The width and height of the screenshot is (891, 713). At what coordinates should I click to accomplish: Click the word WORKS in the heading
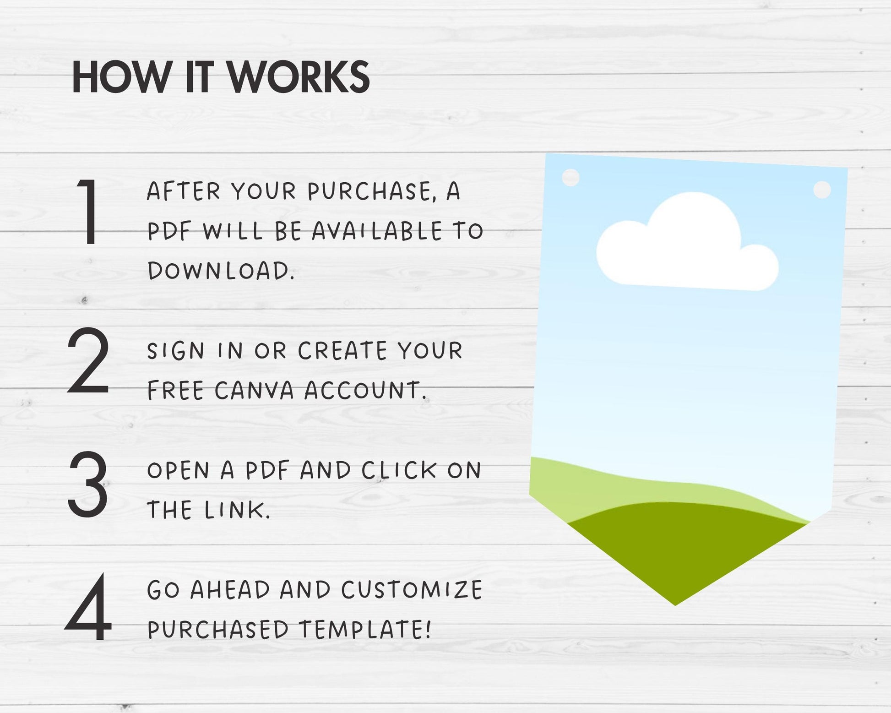[x=299, y=77]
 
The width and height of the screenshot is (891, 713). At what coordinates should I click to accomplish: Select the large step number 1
[x=89, y=212]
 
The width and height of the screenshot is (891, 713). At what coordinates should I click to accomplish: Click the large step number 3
[x=88, y=484]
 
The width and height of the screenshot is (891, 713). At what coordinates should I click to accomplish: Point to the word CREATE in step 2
[x=343, y=351]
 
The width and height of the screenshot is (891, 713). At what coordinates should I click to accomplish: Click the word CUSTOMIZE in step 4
[x=412, y=590]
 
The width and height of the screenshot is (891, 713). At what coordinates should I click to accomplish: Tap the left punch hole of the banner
[x=570, y=177]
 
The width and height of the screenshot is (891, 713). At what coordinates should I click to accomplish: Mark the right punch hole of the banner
[x=822, y=190]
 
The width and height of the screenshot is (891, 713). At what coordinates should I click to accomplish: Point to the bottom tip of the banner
[x=675, y=605]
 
